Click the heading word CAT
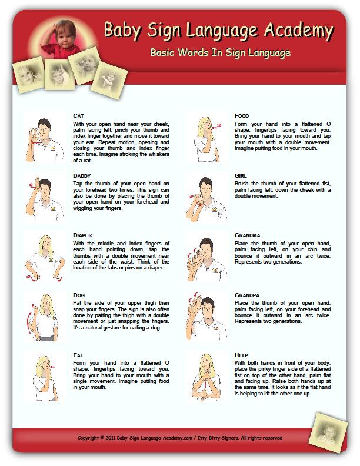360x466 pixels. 78,115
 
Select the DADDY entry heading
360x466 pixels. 82,176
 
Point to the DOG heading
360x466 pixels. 79,294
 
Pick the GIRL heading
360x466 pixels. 240,176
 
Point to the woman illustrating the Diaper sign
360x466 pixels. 44,256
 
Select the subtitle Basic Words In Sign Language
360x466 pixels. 220,53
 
